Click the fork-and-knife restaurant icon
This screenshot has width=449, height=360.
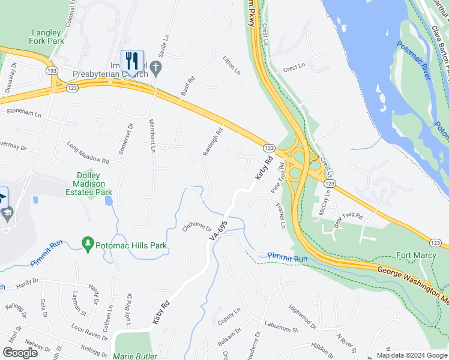click(x=132, y=60)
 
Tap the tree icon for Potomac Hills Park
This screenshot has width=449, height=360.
click(x=88, y=243)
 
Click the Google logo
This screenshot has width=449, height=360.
click(x=19, y=353)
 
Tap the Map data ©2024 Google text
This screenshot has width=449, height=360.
click(x=411, y=355)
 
